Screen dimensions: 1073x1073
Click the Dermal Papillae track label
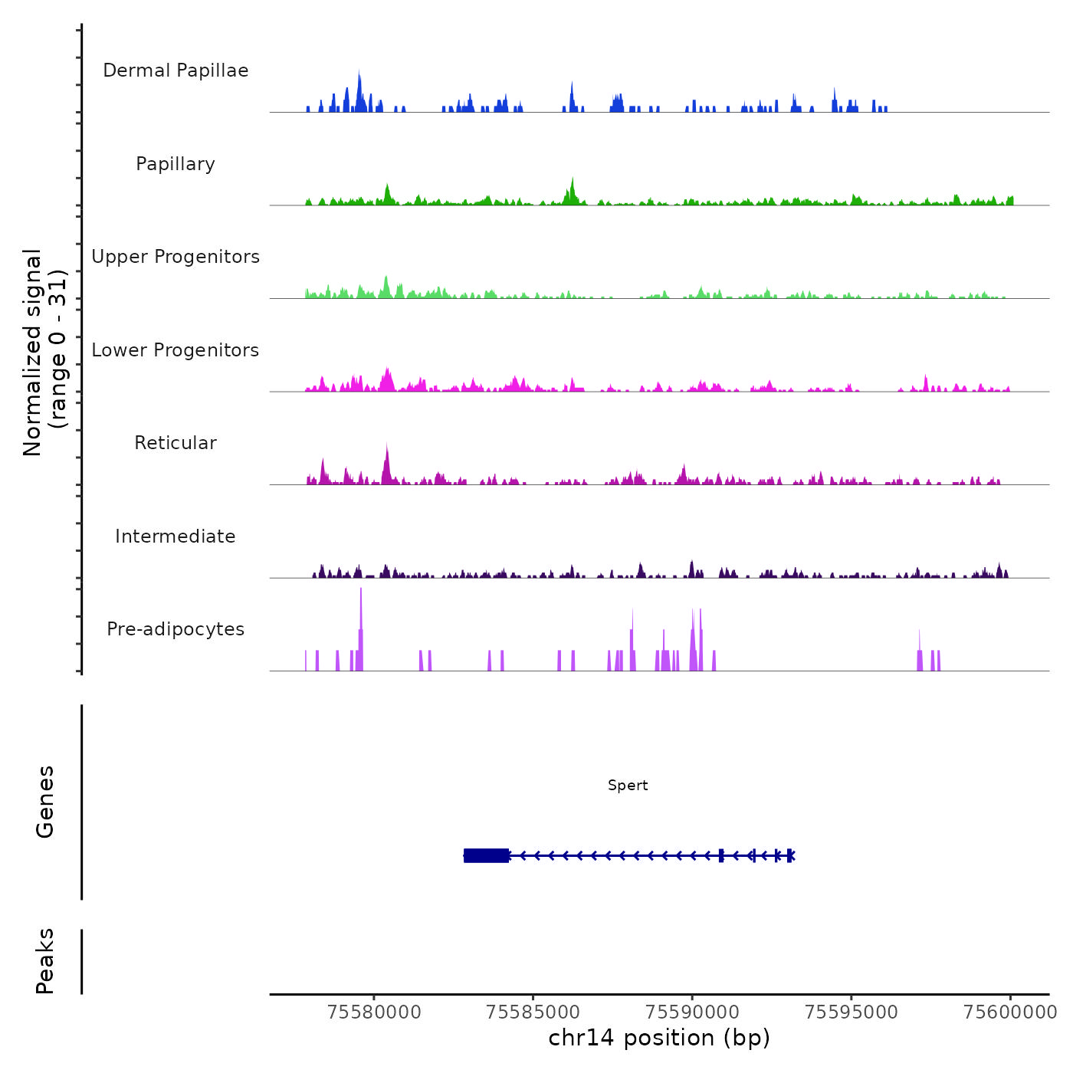[x=176, y=71]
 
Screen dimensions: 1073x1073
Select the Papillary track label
[x=176, y=164]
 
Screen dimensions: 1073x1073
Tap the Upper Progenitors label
[x=176, y=257]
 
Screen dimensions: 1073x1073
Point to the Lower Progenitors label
[x=176, y=350]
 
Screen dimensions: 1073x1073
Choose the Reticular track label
[x=176, y=443]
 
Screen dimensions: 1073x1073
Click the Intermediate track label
[x=176, y=536]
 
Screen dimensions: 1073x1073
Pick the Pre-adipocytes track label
[x=176, y=629]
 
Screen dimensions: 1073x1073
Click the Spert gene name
[x=628, y=786]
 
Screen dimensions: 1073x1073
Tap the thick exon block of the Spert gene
[x=487, y=855]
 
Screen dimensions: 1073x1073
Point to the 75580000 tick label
[x=374, y=1012]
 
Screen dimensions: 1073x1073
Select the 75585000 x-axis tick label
[x=533, y=1012]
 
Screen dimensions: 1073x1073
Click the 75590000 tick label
[x=692, y=1012]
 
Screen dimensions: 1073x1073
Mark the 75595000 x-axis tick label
[x=852, y=1012]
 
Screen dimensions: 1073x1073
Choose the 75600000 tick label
[x=1010, y=1012]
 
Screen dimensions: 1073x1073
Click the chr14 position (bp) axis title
[x=659, y=1038]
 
